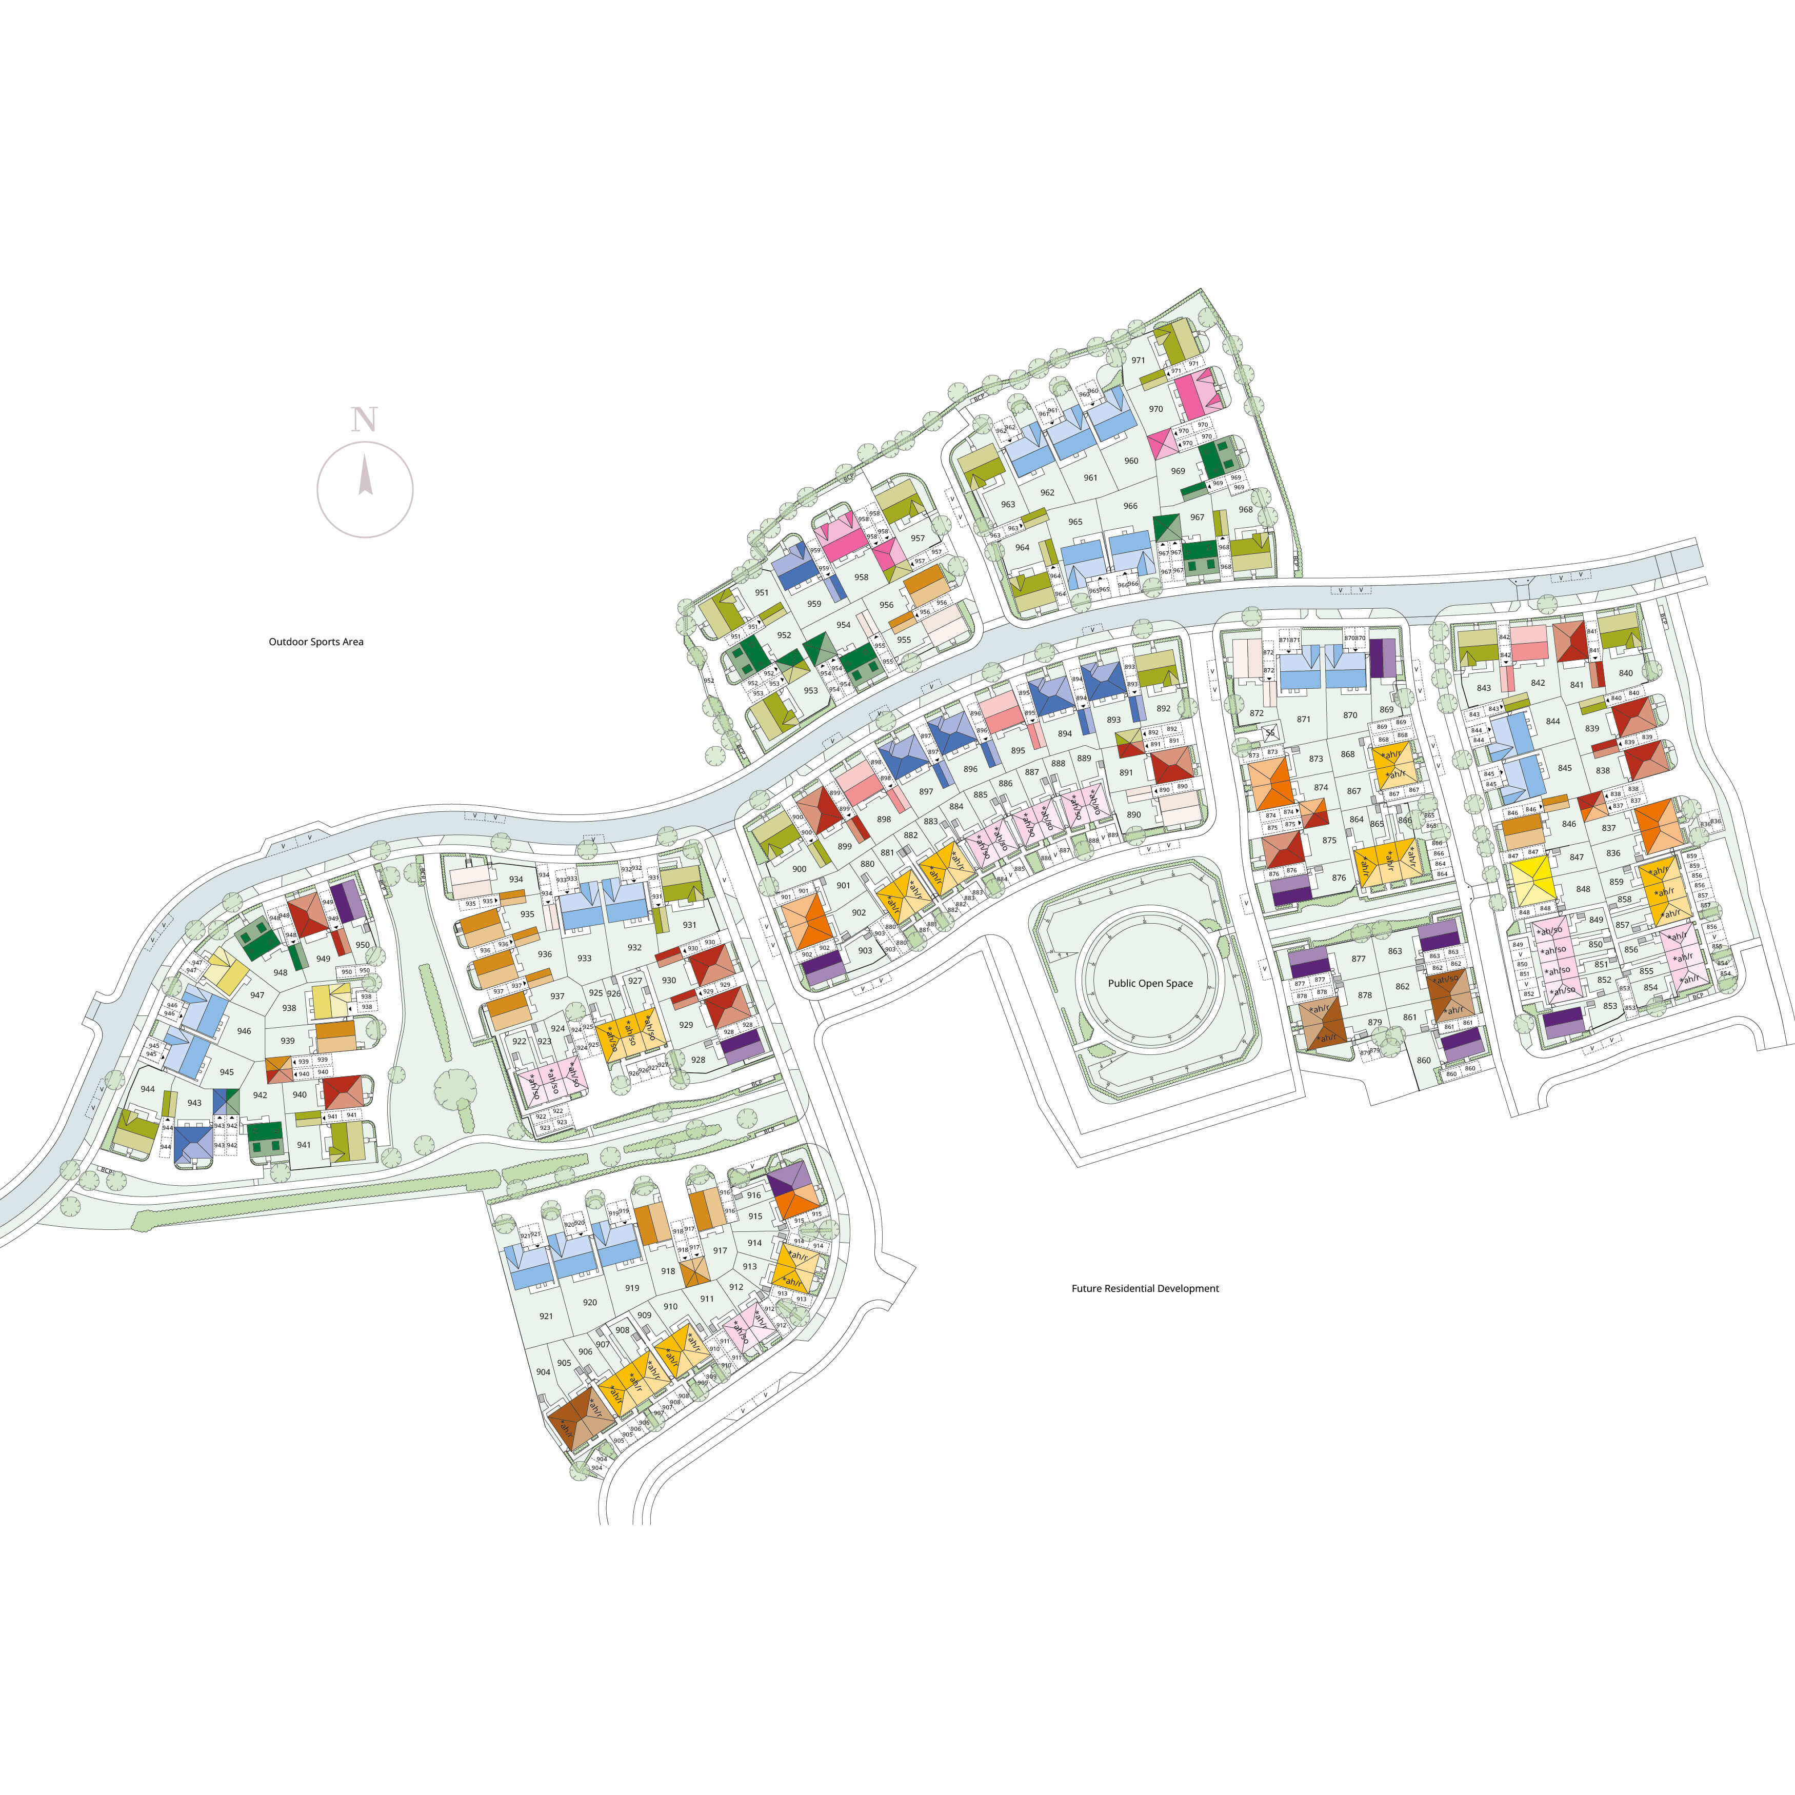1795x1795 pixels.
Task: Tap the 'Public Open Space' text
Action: click(x=1150, y=983)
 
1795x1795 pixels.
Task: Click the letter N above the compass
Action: click(x=364, y=420)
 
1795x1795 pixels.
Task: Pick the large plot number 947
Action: click(x=257, y=995)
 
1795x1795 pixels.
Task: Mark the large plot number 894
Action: click(x=1065, y=733)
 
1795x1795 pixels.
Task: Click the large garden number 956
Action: click(x=886, y=605)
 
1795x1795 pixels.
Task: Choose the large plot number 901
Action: click(x=843, y=885)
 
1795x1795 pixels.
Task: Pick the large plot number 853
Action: click(x=1610, y=1005)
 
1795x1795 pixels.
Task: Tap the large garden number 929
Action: click(x=686, y=1025)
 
